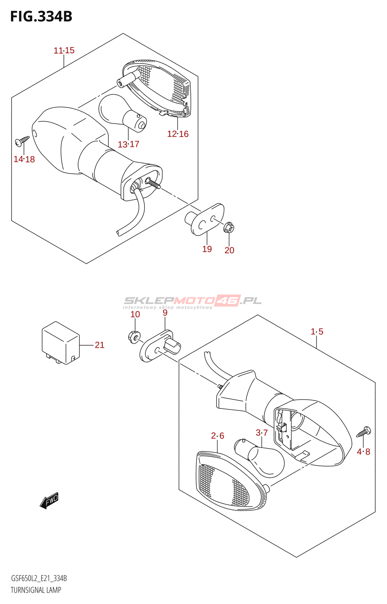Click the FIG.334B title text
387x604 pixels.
pos(41,17)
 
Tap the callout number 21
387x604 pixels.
pos(99,345)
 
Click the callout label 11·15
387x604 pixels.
pos(64,50)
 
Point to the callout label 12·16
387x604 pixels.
pos(178,134)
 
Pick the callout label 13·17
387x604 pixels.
pos(128,144)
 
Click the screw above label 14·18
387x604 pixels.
pos(22,141)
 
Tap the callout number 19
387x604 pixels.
pos(207,249)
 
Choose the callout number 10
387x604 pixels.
pos(135,314)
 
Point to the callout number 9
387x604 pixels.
pos(165,313)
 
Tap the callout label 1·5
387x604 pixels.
pos(317,331)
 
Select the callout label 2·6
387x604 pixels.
pos(218,436)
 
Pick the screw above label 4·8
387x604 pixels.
pos(364,431)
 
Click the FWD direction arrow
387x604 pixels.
pos(50,501)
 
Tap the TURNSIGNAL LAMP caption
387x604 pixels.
pos(36,590)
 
